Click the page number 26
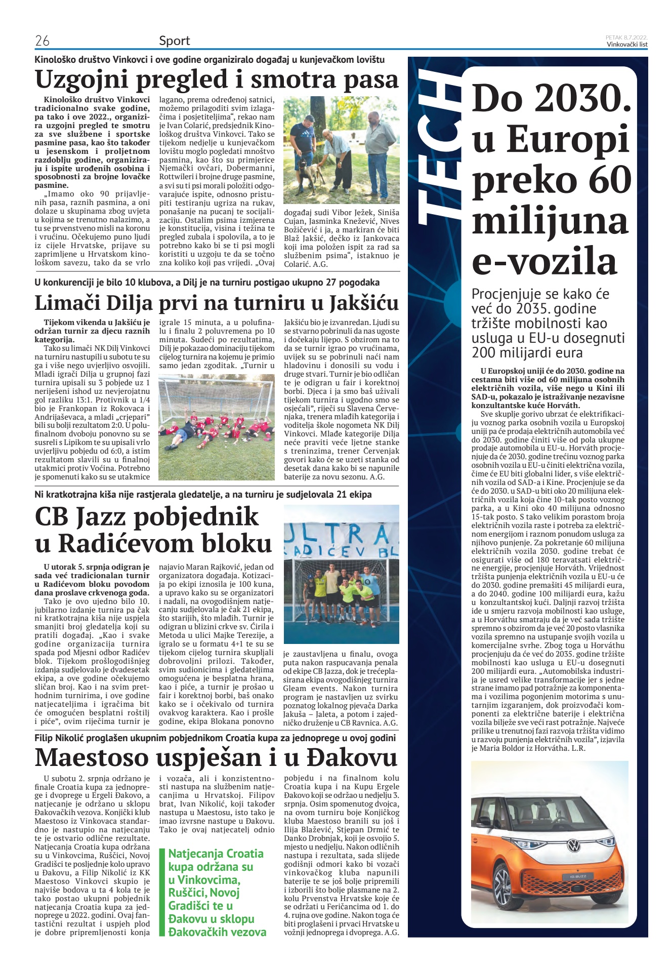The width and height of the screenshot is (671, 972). click(x=42, y=40)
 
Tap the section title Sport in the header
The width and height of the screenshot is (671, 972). click(x=174, y=40)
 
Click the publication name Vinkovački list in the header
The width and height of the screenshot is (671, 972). click(x=627, y=44)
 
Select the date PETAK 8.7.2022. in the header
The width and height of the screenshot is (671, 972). click(x=626, y=37)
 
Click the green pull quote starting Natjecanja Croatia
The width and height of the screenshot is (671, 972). click(x=217, y=893)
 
